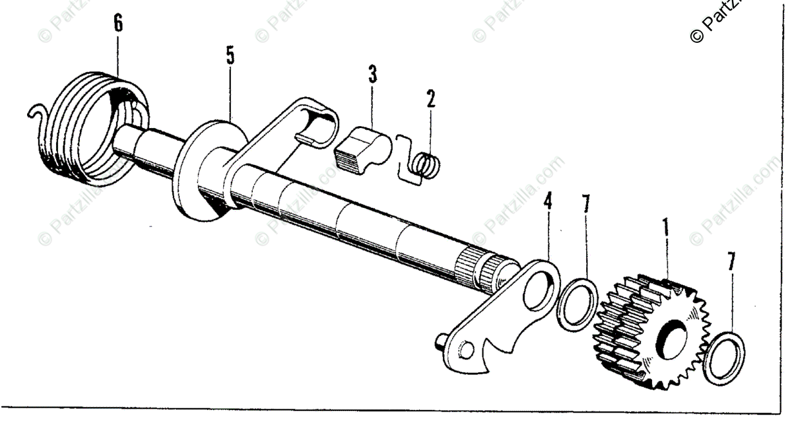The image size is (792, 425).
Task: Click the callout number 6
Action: [118, 24]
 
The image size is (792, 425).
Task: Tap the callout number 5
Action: [230, 55]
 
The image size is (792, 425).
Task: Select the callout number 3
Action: [372, 74]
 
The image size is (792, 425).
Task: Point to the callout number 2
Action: [430, 99]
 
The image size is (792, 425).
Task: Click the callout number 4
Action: [546, 203]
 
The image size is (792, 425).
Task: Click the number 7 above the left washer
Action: [585, 205]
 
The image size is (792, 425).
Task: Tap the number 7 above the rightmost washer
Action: [731, 261]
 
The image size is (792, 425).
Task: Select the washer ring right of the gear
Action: [723, 356]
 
